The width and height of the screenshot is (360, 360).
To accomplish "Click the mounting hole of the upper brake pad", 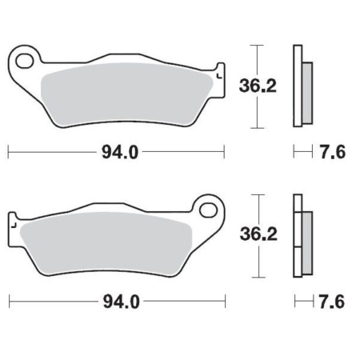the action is [25, 61].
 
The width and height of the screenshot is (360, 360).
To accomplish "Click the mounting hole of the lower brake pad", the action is [208, 210].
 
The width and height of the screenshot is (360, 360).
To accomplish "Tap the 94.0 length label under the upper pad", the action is [120, 153].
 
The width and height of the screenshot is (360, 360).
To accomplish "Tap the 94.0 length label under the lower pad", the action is [122, 302].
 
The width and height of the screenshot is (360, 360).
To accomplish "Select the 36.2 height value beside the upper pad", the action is [258, 86].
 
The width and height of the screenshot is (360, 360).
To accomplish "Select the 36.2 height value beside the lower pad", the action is [258, 234].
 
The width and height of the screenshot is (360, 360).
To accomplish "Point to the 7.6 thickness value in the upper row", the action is [333, 152].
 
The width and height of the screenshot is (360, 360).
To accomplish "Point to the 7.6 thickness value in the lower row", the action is [332, 302].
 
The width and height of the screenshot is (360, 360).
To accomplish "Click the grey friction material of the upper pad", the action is [126, 94].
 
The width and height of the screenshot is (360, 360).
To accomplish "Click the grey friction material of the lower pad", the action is [106, 243].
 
